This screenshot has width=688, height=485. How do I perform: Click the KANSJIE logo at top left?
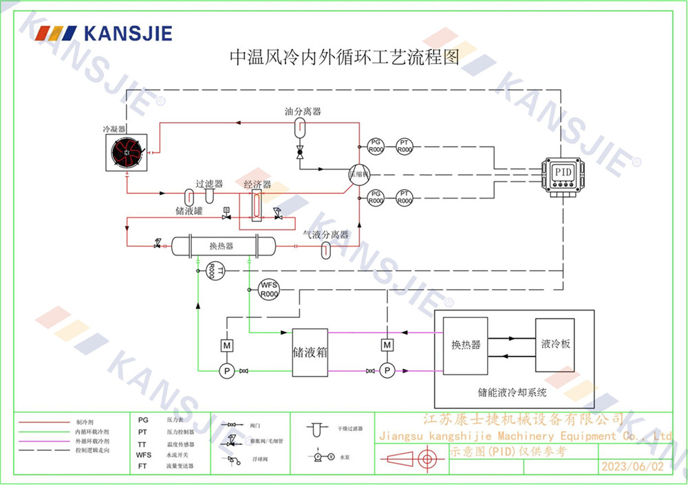point(104,33)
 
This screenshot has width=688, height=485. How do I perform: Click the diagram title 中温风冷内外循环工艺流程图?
point(343,56)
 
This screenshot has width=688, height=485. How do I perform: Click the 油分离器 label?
point(303,111)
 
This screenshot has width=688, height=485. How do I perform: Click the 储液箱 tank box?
point(310,352)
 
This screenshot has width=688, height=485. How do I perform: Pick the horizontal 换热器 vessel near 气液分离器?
point(222,245)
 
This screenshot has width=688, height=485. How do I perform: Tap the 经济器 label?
point(257,185)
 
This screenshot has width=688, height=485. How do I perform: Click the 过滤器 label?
point(209,184)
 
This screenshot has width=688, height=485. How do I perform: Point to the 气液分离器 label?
point(326,235)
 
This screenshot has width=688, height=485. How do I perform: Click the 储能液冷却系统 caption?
point(513,394)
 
